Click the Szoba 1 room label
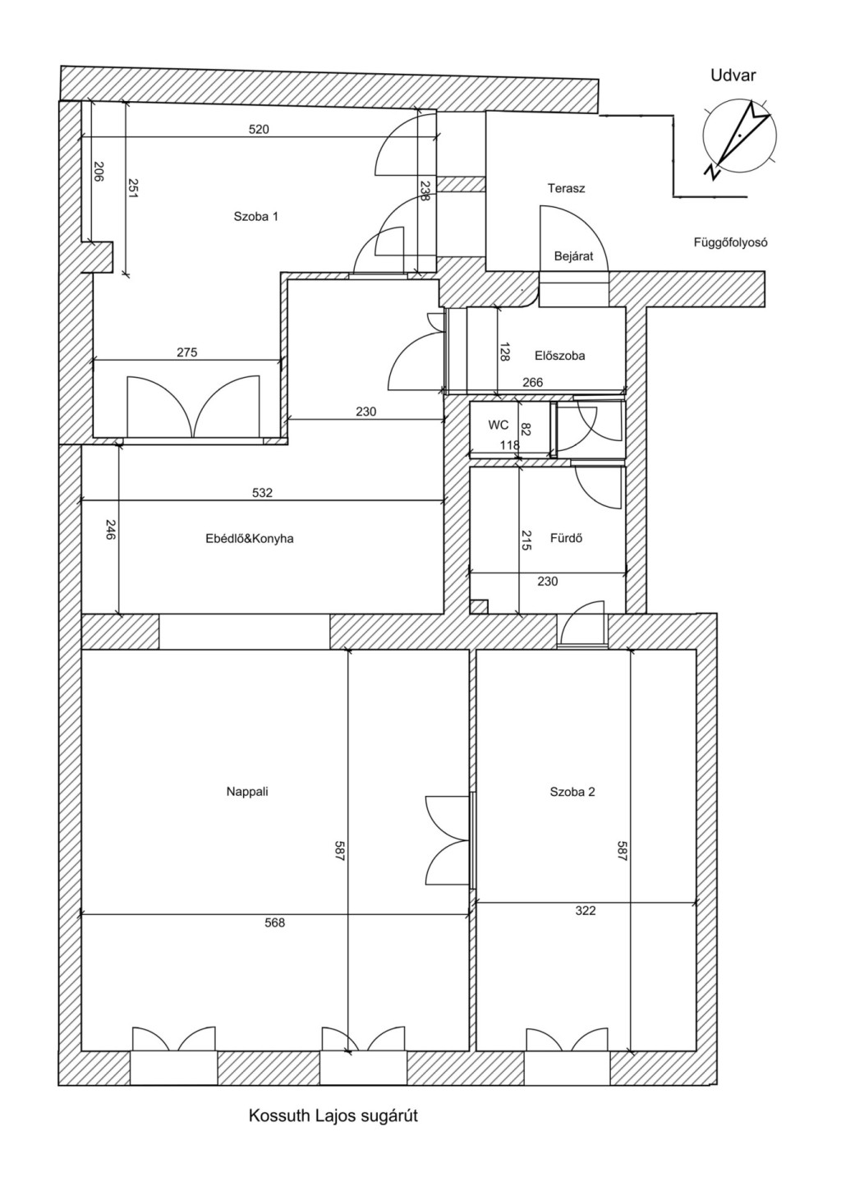[255, 216]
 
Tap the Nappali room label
[247, 792]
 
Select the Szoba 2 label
[572, 792]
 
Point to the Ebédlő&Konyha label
[250, 539]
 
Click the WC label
[499, 425]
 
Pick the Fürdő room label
[566, 538]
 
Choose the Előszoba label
[559, 355]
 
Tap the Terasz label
[566, 188]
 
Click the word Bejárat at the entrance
[573, 256]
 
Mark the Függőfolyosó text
[730, 242]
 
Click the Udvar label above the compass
[733, 76]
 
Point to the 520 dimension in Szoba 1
[259, 129]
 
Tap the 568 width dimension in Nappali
[275, 922]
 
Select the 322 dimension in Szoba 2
[586, 911]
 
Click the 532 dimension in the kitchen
[262, 493]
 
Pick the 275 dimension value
[187, 352]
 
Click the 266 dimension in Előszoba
[533, 382]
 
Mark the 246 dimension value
[109, 530]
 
